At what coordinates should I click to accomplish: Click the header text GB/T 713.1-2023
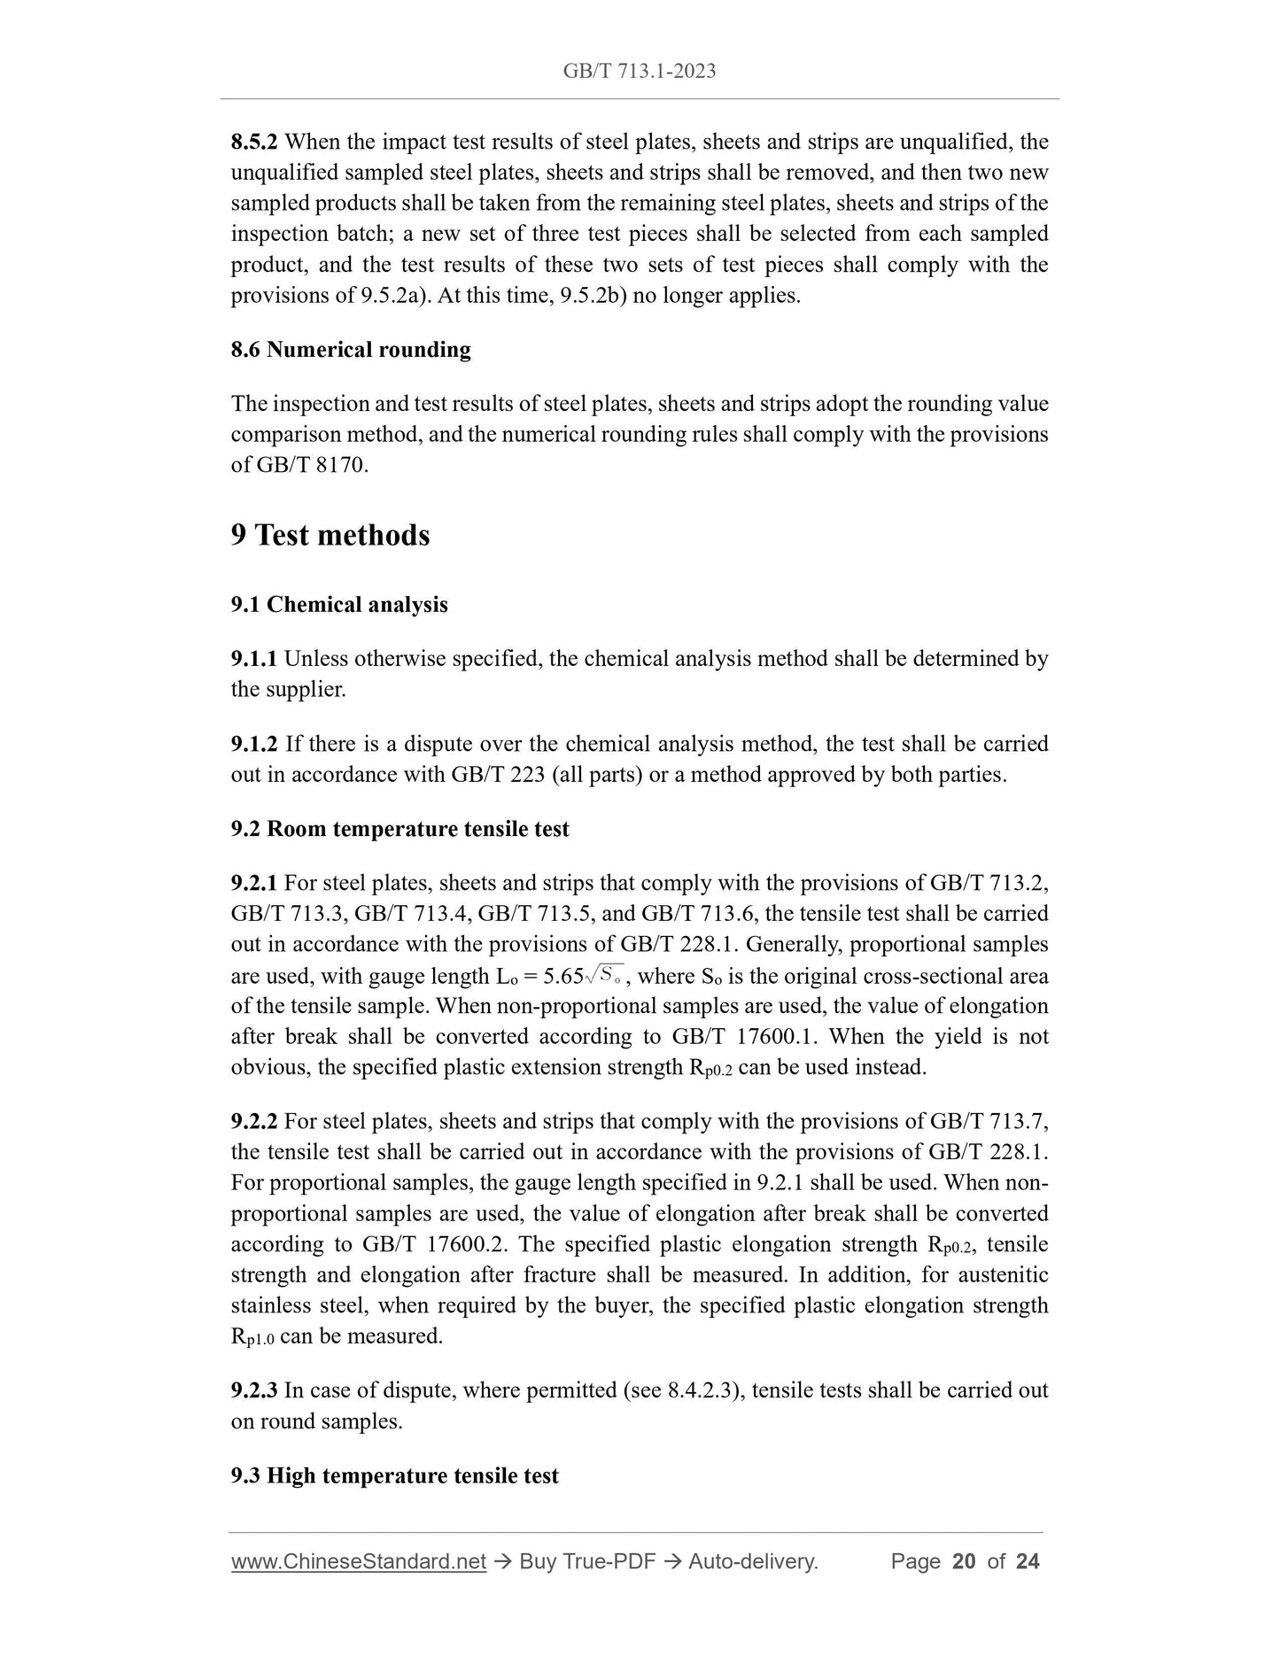tap(640, 71)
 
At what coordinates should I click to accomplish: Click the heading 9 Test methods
tap(330, 535)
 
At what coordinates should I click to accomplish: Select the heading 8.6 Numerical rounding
tap(351, 350)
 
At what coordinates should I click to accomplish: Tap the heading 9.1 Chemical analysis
tap(339, 605)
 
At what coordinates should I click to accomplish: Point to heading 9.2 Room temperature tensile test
tap(400, 829)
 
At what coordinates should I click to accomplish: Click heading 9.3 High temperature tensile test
tap(394, 1475)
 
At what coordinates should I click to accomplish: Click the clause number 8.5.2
tap(254, 142)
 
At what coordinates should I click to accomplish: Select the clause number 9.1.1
tap(254, 659)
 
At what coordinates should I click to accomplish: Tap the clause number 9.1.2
tap(254, 744)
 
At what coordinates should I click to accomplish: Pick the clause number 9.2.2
tap(254, 1122)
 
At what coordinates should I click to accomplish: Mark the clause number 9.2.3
tap(254, 1390)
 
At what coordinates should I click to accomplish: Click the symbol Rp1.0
tap(252, 1337)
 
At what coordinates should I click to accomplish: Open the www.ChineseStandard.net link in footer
tap(359, 1561)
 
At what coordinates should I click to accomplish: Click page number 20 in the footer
tap(963, 1561)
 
